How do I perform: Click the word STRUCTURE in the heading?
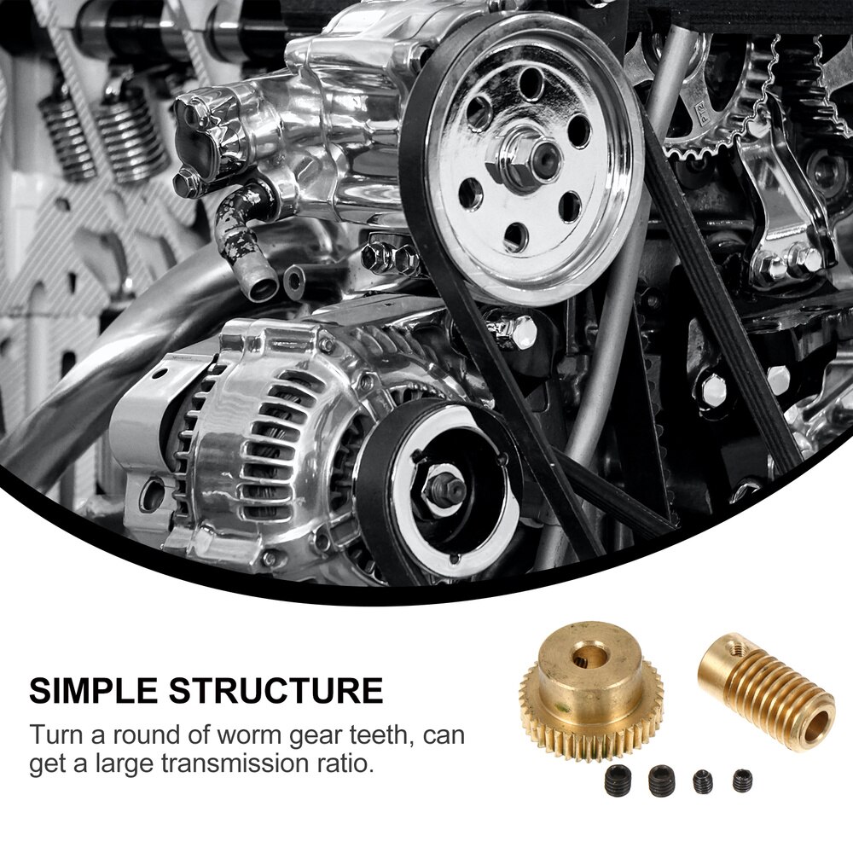(276, 691)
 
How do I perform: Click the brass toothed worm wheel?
(591, 691)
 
